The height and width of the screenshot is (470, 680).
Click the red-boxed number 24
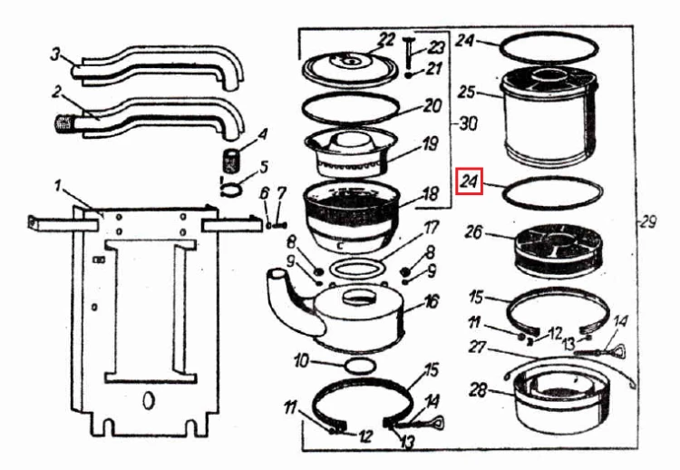[469, 181]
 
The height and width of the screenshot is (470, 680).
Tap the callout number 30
[468, 124]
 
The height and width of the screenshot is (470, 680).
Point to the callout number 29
[648, 222]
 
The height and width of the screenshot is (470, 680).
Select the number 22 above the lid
[385, 41]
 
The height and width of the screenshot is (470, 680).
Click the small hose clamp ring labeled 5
[230, 190]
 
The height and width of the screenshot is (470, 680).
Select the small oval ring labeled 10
[360, 366]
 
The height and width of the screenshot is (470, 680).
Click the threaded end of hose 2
[64, 123]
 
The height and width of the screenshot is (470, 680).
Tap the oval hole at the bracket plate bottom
[149, 400]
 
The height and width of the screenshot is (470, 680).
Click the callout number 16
[431, 301]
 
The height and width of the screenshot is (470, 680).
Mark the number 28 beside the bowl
[478, 390]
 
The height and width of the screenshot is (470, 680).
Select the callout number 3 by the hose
[55, 55]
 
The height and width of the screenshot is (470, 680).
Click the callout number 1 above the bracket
[59, 186]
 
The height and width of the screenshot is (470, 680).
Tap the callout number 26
[472, 231]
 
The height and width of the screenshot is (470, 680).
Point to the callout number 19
[430, 143]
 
